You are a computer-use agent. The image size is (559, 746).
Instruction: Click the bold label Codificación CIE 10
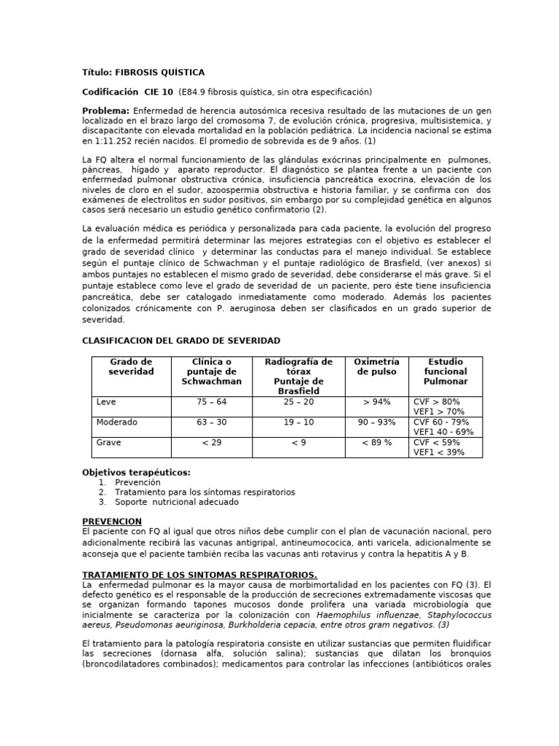click(x=127, y=92)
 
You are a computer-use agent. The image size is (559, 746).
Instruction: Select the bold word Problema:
click(x=106, y=111)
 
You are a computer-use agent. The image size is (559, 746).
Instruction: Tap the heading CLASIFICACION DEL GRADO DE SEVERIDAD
click(x=181, y=341)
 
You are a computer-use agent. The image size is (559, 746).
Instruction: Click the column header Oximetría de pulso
click(x=376, y=366)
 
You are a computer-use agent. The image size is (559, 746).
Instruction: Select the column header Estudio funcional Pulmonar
click(x=445, y=372)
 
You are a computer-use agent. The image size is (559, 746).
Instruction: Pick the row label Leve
click(x=106, y=402)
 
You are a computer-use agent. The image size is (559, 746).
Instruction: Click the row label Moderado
click(x=116, y=423)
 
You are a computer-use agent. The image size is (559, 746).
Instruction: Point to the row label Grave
click(x=108, y=443)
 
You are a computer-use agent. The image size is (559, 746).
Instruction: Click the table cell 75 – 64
click(x=211, y=402)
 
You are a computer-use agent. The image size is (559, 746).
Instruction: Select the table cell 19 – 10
click(x=298, y=423)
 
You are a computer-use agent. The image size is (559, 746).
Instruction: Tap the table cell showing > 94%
click(x=376, y=402)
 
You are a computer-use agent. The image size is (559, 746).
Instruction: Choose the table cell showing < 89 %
click(x=376, y=443)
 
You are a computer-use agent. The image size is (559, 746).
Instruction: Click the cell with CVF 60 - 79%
click(x=441, y=423)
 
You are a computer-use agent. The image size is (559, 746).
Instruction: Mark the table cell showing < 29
click(x=211, y=443)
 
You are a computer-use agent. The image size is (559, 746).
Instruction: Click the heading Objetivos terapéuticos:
click(x=136, y=472)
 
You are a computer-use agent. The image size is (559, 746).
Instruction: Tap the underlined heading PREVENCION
click(x=111, y=522)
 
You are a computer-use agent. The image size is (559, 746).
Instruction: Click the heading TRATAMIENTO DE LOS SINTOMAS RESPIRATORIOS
click(x=199, y=575)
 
